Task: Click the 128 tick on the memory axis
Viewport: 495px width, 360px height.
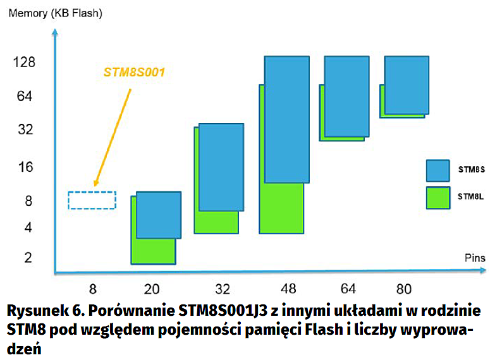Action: coord(25,62)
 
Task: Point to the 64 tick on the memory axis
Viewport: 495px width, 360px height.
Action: coord(25,97)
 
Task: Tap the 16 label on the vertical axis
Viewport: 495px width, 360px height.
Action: coord(25,167)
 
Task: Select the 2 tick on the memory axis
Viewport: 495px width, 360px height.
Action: coord(28,257)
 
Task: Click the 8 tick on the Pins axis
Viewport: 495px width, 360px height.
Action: coord(93,290)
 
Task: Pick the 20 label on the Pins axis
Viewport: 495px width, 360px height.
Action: coord(152,290)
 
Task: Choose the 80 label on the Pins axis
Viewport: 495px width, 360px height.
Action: coord(403,290)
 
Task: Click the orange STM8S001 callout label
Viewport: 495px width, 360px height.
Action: coord(134,72)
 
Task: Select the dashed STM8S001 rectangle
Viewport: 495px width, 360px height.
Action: coord(92,200)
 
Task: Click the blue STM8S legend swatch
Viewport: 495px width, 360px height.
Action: coord(437,171)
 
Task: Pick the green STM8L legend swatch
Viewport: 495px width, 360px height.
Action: coord(437,197)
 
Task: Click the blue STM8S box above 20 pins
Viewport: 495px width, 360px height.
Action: coord(158,215)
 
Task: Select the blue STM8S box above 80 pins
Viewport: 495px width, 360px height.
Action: coord(406,85)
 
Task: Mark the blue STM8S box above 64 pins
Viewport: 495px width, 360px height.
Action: coord(346,96)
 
